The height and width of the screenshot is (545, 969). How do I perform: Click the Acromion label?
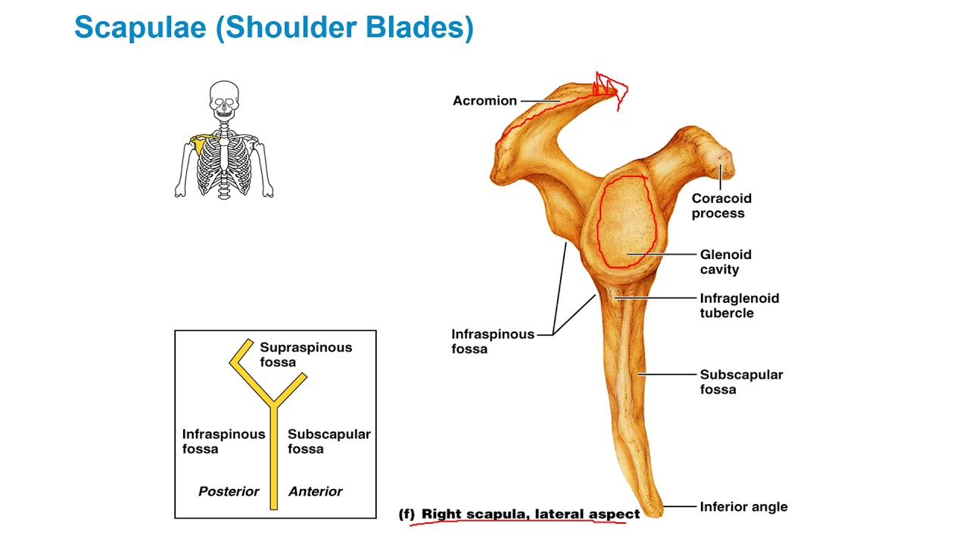484,101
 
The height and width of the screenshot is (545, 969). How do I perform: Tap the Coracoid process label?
721,206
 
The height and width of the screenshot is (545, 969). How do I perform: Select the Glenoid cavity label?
725,262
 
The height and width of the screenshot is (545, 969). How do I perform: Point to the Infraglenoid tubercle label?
739,306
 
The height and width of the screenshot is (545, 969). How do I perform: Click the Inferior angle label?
743,507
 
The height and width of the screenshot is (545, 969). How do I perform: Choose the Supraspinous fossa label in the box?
306,355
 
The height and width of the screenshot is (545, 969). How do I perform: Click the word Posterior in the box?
229,492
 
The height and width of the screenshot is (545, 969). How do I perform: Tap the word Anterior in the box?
315,492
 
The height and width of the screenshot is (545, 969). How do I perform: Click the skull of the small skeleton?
223,100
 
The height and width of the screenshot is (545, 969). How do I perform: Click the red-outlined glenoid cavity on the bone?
625,222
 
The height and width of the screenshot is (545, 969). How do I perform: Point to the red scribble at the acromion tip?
610,88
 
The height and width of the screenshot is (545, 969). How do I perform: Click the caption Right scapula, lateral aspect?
530,515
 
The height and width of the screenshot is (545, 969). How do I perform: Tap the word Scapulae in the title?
140,28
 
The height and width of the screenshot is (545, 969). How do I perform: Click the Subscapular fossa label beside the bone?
741,382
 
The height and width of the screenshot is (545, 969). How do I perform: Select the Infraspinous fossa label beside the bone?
493,341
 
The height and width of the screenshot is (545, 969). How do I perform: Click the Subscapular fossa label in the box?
329,442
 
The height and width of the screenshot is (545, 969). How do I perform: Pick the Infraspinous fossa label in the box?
223,442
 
